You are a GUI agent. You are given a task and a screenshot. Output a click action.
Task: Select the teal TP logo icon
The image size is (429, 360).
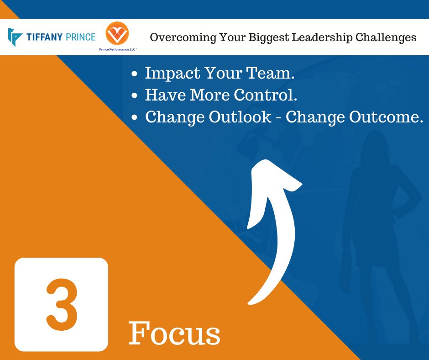coord(15,37)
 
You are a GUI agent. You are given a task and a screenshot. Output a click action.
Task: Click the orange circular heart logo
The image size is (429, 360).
coord(117,34)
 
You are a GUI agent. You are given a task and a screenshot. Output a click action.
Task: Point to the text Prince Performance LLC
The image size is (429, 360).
coord(118,49)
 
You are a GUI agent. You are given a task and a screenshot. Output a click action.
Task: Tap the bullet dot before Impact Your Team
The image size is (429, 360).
coord(134,74)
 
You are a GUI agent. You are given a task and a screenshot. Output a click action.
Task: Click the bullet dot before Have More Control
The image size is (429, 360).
coord(134,96)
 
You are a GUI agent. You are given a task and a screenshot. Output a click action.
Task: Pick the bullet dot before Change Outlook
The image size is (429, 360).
coord(134,118)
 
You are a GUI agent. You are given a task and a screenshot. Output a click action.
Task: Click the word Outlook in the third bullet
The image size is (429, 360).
coord(240,117)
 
